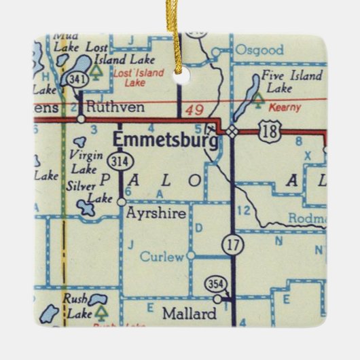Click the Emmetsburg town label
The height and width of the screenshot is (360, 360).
[165, 140]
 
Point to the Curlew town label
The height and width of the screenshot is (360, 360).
[162, 256]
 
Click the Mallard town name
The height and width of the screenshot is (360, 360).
[189, 313]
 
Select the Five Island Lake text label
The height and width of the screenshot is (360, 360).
[288, 82]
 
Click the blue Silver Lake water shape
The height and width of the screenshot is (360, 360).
[86, 206]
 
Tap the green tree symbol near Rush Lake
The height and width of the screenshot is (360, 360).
[101, 312]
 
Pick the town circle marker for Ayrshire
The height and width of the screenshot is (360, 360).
[122, 201]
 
